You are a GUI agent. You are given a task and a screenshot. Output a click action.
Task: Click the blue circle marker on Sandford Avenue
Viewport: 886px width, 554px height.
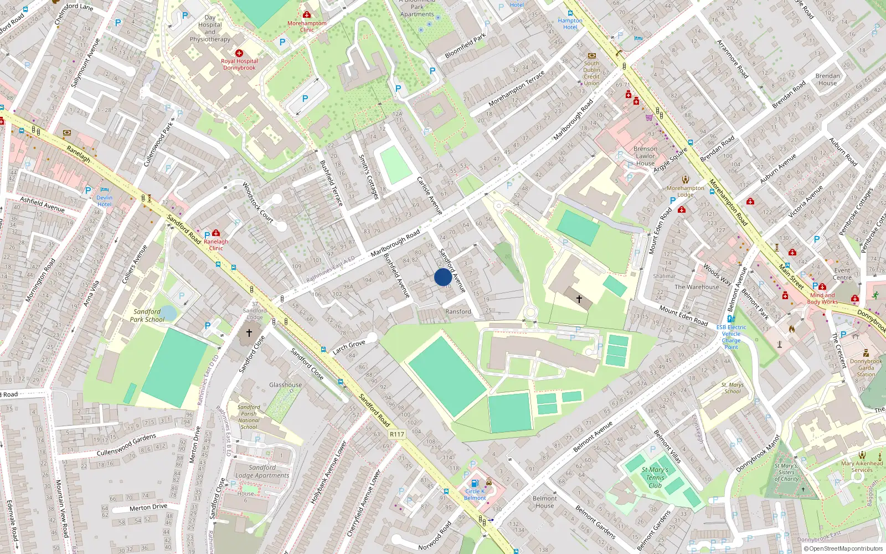tap(443, 277)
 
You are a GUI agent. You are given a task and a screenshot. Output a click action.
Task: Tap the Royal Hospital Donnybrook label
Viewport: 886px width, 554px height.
tap(239, 64)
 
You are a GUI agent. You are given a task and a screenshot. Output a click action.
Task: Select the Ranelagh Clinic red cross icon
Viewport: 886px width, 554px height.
tap(216, 233)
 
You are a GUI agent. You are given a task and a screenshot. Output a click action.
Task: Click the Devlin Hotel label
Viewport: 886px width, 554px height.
tap(104, 201)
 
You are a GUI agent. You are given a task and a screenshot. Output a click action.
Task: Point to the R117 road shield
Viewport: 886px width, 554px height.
tap(397, 434)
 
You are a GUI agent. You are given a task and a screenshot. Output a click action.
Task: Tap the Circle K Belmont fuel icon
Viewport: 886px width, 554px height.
tap(475, 483)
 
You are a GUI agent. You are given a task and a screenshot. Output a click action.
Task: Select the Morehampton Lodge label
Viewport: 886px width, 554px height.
tap(686, 191)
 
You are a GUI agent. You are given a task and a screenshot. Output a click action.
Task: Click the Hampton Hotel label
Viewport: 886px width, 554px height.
tap(570, 24)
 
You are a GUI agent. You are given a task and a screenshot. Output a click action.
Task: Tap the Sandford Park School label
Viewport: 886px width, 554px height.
tap(147, 316)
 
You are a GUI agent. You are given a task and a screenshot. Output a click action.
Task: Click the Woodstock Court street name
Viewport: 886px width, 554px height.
tap(258, 203)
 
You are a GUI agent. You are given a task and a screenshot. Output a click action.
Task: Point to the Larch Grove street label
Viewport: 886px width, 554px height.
tap(349, 347)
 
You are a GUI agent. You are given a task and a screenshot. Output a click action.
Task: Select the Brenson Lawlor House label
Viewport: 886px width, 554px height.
tap(646, 156)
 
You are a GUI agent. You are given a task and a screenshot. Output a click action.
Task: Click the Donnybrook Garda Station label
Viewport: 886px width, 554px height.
tap(866, 368)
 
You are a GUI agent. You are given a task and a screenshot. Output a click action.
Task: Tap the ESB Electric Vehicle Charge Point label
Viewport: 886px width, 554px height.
tap(731, 337)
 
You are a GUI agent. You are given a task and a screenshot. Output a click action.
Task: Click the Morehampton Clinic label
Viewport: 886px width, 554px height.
tap(307, 26)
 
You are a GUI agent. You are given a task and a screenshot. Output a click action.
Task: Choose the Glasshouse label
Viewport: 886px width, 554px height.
tap(286, 384)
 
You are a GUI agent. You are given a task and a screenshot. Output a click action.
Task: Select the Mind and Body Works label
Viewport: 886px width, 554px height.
tap(822, 299)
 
